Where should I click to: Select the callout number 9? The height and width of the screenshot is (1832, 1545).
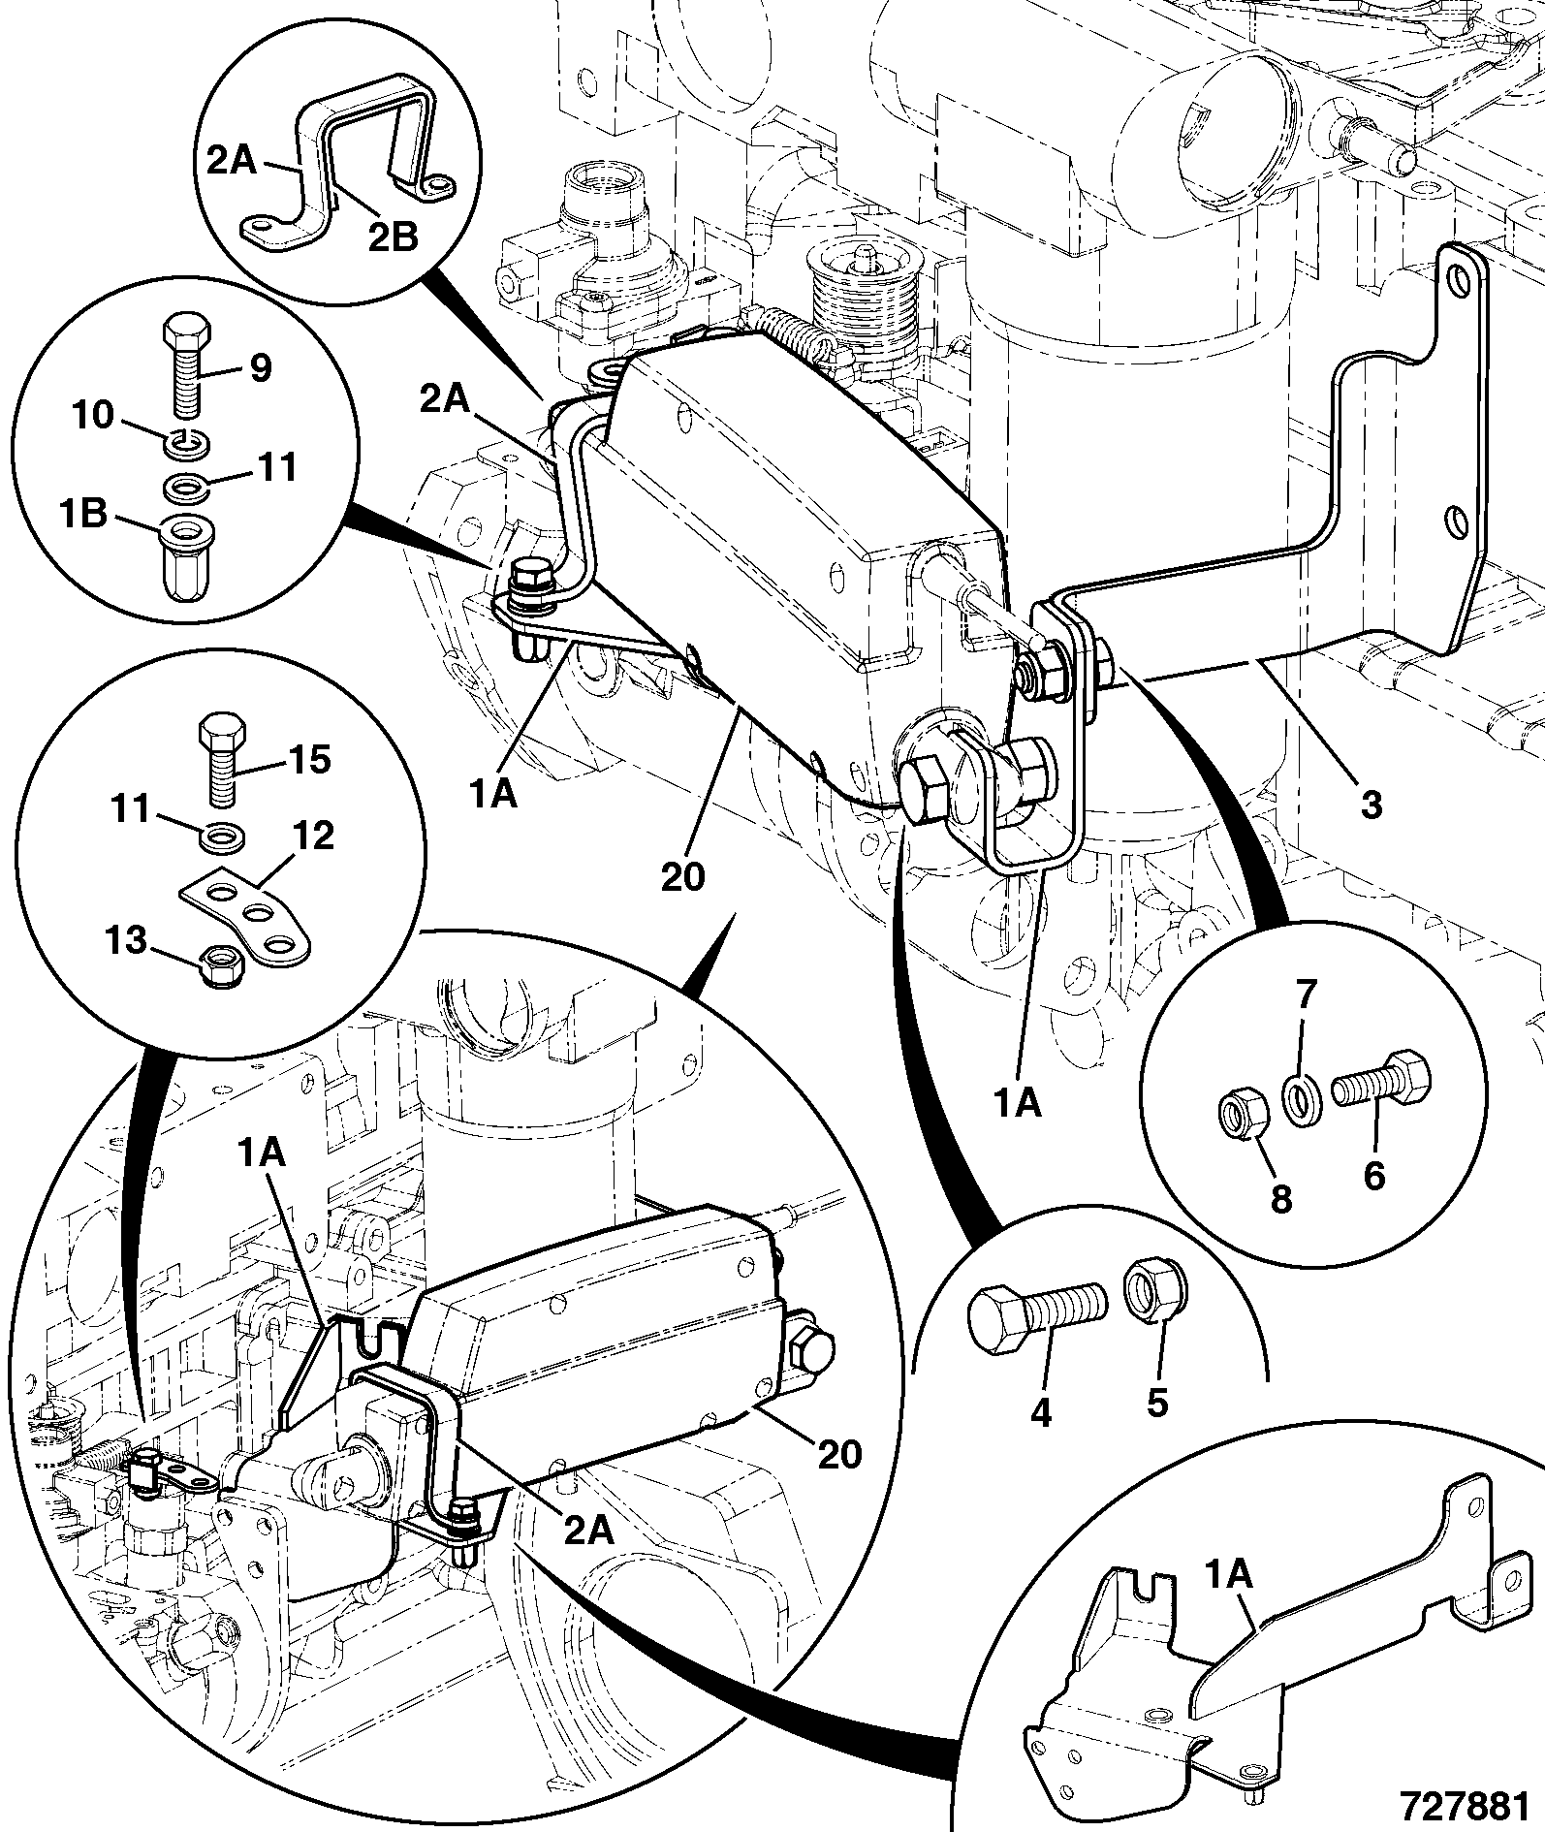[x=261, y=368]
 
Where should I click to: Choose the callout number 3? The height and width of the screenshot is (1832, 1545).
[x=1371, y=804]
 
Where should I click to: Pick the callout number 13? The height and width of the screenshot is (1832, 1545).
[x=125, y=940]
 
